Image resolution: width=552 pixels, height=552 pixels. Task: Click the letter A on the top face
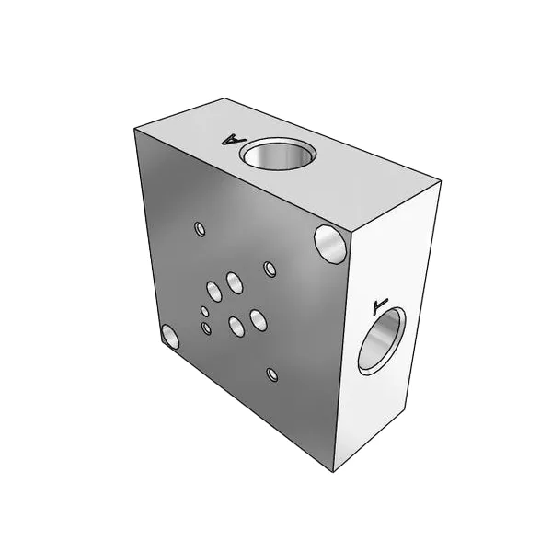tap(234, 140)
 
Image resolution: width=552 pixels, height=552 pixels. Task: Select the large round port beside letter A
tap(278, 154)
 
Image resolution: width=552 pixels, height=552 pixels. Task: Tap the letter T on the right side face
tap(379, 305)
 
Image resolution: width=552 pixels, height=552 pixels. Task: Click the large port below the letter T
tap(382, 340)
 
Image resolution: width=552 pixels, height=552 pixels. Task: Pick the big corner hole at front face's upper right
tap(330, 244)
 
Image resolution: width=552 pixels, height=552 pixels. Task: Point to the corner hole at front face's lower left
tap(170, 336)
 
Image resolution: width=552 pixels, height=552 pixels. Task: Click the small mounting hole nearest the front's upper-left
tap(200, 229)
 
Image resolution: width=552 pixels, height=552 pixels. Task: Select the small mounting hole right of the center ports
tap(270, 270)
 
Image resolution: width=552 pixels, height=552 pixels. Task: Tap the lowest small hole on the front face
tap(271, 374)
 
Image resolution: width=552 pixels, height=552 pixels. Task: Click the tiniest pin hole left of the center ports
tap(205, 311)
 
